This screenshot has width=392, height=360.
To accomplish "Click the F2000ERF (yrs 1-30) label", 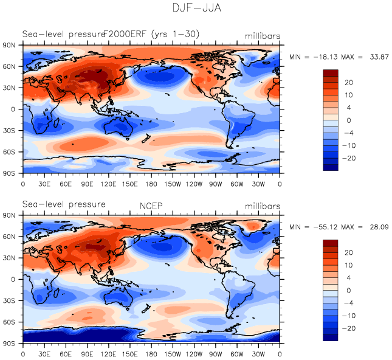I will click(151, 34).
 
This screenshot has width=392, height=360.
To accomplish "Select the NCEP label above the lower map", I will click(151, 204).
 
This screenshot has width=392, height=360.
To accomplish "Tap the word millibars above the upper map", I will click(263, 36).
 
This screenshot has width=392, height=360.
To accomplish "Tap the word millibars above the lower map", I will click(263, 205).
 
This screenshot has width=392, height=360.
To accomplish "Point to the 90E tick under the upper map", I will click(87, 183).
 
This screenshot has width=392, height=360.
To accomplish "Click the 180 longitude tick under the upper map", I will click(151, 183).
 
